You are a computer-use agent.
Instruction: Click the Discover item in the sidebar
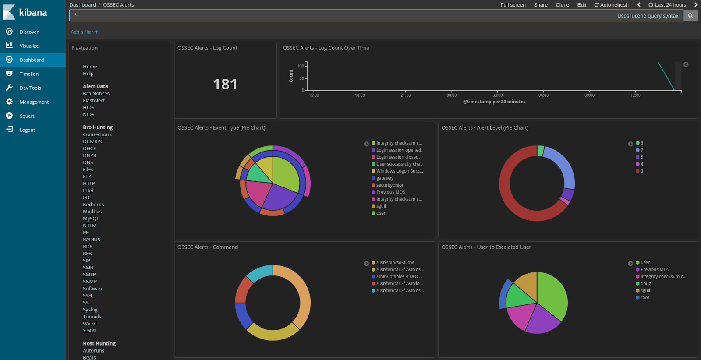(x=29, y=32)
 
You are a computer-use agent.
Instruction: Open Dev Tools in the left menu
(x=30, y=88)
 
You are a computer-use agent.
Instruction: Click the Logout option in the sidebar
(x=27, y=130)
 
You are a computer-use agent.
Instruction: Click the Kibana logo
(x=25, y=12)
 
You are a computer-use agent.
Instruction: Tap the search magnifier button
(x=690, y=16)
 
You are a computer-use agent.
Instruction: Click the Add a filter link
(x=84, y=32)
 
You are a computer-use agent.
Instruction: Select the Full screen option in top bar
(x=513, y=5)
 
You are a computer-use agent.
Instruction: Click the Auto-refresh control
(x=611, y=5)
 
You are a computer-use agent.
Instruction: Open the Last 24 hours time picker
(x=667, y=5)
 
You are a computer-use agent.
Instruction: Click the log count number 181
(x=225, y=84)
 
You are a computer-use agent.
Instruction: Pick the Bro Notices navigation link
(x=96, y=94)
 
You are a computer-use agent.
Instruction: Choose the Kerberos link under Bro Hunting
(x=93, y=205)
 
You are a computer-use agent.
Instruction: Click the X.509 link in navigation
(x=89, y=331)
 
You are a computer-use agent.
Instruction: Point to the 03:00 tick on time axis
(x=497, y=95)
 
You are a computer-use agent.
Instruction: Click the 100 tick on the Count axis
(x=301, y=66)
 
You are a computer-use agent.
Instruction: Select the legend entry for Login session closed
(x=397, y=157)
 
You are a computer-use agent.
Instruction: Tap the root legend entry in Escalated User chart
(x=644, y=298)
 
